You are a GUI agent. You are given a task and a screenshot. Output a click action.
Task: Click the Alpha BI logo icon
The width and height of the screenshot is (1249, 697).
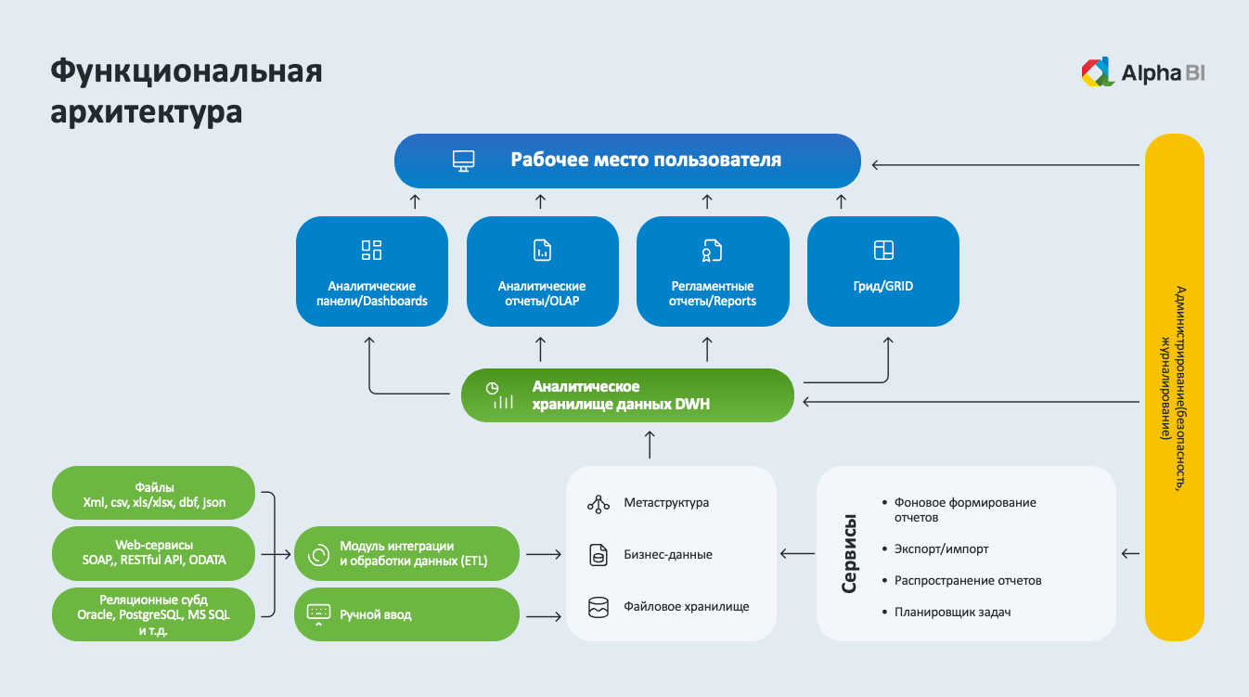tap(1098, 72)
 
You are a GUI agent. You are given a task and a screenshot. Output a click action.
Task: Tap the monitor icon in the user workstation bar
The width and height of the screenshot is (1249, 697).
tap(464, 161)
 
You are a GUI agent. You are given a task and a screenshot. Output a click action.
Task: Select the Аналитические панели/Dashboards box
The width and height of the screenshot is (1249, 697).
tap(371, 271)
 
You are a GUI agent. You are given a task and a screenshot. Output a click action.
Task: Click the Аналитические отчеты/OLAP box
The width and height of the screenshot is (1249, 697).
tap(542, 271)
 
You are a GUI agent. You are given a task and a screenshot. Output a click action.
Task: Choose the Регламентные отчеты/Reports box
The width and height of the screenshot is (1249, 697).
tap(713, 271)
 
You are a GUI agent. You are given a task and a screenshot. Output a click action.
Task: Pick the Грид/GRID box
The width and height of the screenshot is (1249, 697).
tap(882, 271)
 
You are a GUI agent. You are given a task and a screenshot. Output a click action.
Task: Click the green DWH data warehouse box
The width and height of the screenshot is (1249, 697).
tap(627, 394)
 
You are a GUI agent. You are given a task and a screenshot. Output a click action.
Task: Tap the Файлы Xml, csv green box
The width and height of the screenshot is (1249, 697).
tap(154, 495)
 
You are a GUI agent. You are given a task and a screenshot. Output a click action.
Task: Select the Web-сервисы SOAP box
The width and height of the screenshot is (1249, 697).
tap(154, 553)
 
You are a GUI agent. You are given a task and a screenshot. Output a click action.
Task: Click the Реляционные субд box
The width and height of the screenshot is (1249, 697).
tap(154, 613)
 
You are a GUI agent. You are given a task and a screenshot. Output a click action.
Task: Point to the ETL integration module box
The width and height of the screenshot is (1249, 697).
tap(406, 554)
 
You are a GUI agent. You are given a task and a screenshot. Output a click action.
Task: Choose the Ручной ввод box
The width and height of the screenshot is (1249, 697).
tap(406, 613)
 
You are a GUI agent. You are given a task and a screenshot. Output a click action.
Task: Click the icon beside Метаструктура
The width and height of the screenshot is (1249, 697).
tap(598, 503)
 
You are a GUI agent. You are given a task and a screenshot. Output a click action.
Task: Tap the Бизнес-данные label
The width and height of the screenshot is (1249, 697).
tap(668, 555)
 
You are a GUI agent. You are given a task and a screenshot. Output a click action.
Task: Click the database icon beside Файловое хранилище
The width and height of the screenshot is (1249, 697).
tap(598, 607)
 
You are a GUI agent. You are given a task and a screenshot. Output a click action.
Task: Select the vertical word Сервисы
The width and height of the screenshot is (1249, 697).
tap(848, 554)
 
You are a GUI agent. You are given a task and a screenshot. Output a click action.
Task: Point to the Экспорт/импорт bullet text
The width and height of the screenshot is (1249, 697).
tap(941, 549)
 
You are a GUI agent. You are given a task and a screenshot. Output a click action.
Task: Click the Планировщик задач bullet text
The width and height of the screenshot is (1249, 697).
tap(952, 612)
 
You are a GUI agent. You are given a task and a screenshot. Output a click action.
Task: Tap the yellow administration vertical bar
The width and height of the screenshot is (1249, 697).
tap(1174, 387)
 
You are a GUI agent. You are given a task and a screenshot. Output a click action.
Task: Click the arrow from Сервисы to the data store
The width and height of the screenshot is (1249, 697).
tap(796, 554)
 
